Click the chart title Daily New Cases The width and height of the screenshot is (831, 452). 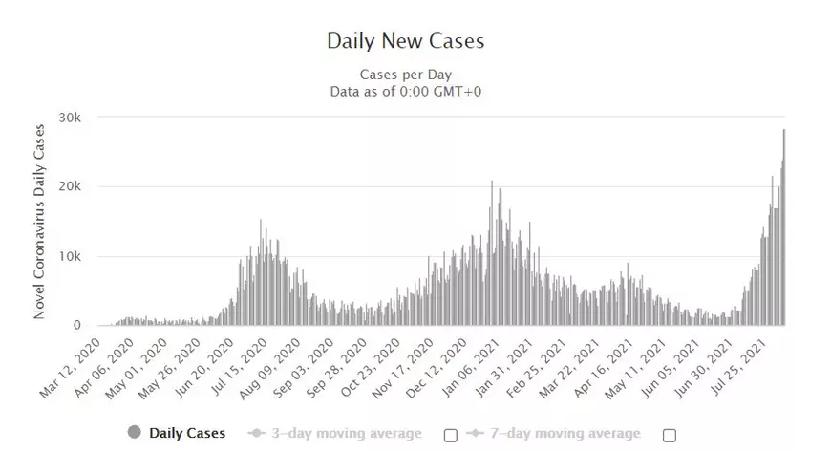406,41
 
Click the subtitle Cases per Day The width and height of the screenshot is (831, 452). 406,75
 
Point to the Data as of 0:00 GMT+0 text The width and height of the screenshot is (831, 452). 406,91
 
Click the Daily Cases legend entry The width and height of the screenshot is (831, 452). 188,434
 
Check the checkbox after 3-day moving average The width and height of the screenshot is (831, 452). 451,435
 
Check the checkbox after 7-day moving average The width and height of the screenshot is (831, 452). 670,435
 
